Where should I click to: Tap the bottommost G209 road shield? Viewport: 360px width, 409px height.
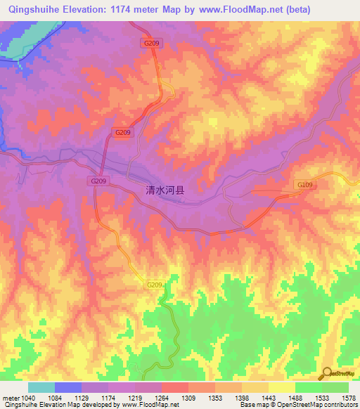155,285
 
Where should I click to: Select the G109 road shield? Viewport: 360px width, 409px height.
304,185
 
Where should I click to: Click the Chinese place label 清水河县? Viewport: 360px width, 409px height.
165,190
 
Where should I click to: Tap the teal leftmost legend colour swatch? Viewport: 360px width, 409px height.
41,387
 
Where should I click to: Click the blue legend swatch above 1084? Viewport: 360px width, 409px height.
68,387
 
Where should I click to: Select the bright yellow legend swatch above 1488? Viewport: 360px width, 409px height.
282,387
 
